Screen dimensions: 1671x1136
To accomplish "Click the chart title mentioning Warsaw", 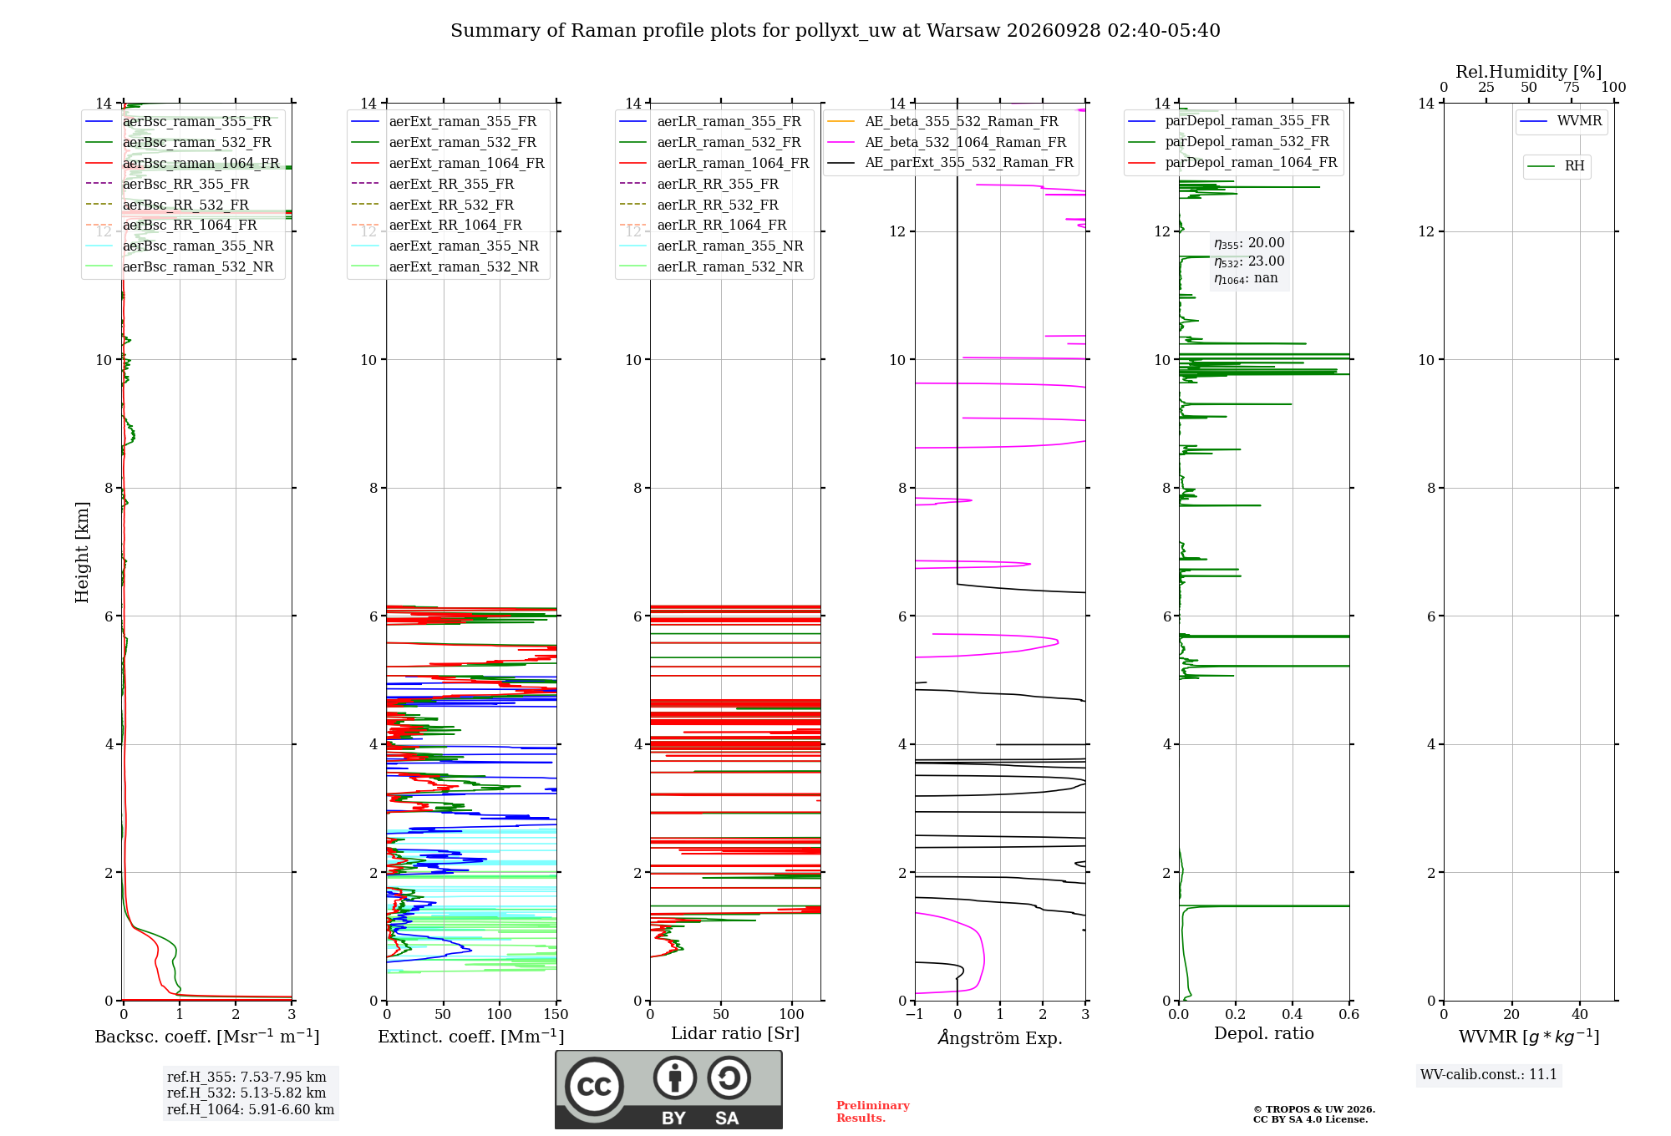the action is click(835, 31).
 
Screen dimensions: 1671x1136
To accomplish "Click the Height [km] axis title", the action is click(82, 552).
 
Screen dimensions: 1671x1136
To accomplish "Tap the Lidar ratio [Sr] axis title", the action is click(735, 1033).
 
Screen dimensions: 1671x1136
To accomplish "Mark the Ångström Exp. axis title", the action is click(1000, 1037).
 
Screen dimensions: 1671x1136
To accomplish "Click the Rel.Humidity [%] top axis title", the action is click(1529, 72).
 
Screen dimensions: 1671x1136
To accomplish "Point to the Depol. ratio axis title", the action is click(1264, 1033).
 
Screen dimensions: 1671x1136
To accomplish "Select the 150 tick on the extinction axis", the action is click(556, 1014).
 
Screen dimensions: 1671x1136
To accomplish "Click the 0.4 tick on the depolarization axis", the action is click(1293, 1014).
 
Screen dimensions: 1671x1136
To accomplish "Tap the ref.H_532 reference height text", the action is click(246, 1093).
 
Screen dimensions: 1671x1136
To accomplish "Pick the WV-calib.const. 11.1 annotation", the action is click(1489, 1074).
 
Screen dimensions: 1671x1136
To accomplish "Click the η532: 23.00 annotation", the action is click(1249, 261).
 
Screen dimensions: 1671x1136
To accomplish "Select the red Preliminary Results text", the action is click(873, 1112).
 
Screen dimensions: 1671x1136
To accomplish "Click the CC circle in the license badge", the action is click(594, 1087).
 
